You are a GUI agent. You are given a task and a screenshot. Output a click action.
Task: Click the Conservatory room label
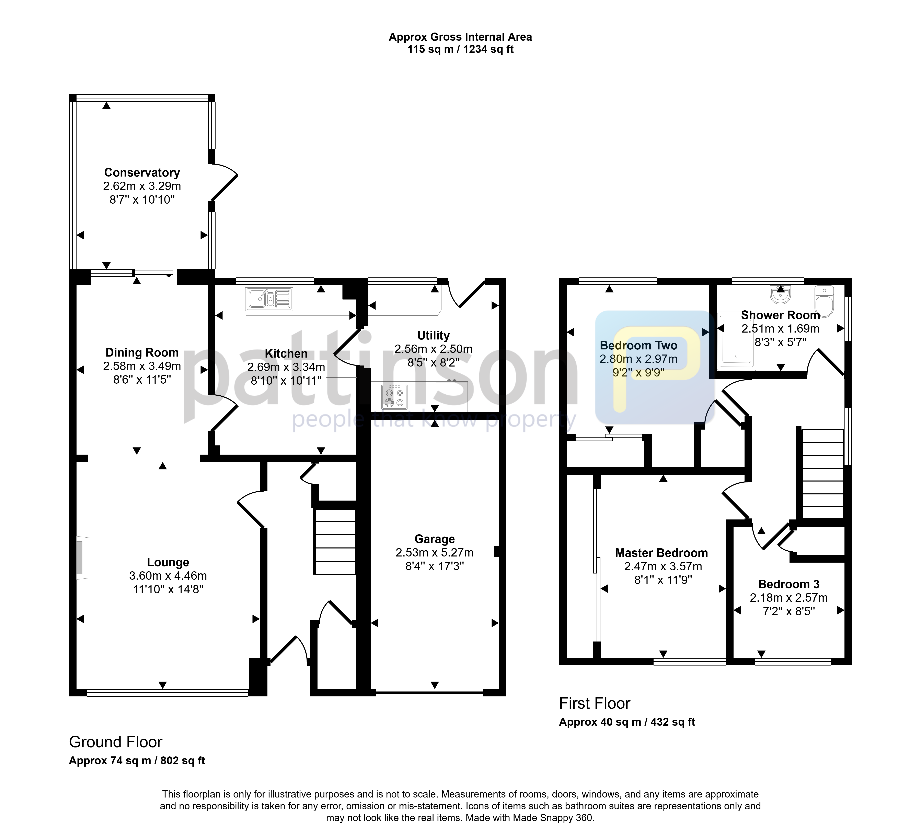tap(142, 172)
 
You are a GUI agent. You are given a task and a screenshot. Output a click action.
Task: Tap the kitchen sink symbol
tap(269, 299)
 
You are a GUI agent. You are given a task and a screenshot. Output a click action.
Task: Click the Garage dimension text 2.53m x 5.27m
tap(435, 553)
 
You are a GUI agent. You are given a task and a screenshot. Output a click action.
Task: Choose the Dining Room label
tap(142, 352)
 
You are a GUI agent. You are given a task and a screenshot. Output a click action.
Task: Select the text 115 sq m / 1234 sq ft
tap(460, 49)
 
